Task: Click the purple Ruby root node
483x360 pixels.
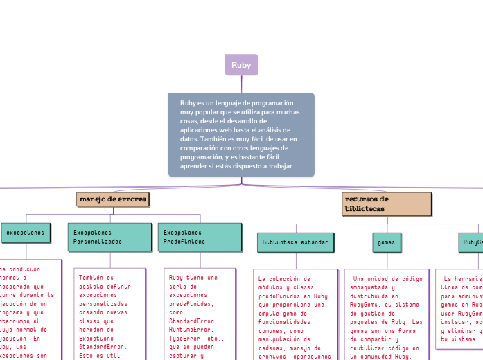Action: coord(241,65)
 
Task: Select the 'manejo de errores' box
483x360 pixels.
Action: coord(112,199)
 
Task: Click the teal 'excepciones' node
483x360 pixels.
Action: coord(25,233)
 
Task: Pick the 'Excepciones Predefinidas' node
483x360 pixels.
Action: coord(200,237)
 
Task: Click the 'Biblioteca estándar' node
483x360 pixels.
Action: coord(295,242)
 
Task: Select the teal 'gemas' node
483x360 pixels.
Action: coord(384,242)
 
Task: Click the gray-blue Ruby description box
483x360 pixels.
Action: coord(241,134)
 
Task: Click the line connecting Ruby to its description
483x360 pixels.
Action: coord(241,84)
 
